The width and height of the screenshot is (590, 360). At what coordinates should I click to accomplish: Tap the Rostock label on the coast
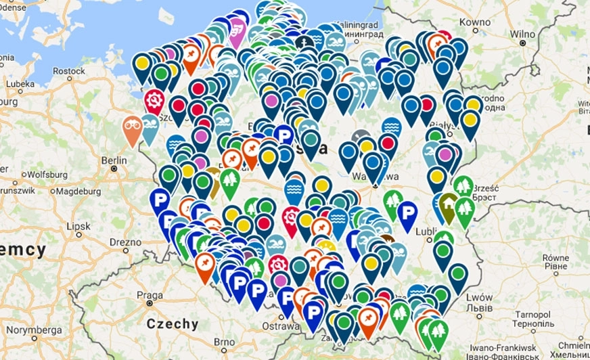[x=69, y=70]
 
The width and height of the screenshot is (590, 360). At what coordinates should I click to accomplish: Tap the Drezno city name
[x=125, y=242]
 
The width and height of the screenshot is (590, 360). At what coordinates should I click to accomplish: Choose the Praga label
[x=149, y=295]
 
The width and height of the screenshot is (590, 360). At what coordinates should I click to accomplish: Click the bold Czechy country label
[x=173, y=323]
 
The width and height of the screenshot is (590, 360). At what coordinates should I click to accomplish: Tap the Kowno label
[x=474, y=22]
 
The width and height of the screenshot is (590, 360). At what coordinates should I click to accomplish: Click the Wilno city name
[x=522, y=34]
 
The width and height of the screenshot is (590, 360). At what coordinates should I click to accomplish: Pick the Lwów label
[x=479, y=297]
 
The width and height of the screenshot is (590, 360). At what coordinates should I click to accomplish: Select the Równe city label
[x=555, y=257]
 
